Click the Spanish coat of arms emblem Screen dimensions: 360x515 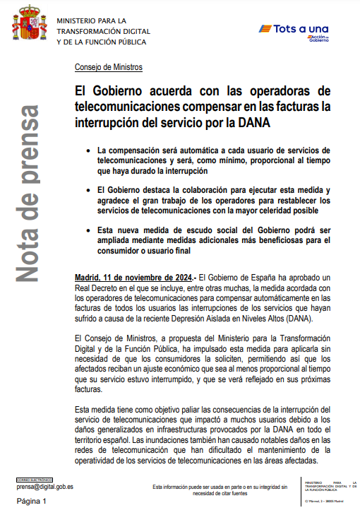click(x=28, y=28)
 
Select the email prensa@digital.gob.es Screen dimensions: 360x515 click(x=45, y=487)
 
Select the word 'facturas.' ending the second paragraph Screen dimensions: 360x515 click(x=90, y=389)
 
